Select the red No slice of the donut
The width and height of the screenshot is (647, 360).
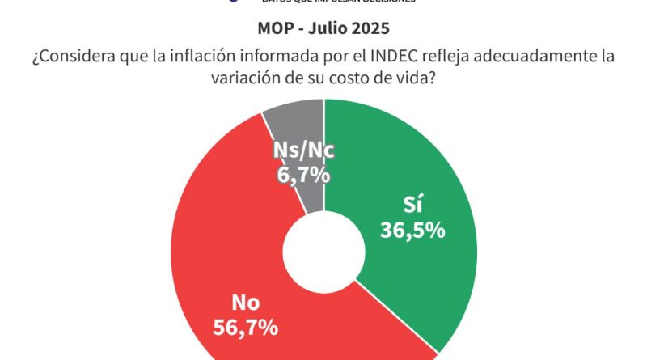[x=235, y=267]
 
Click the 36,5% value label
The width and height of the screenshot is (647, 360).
[x=412, y=230]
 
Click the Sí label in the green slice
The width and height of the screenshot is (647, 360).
[x=413, y=204]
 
